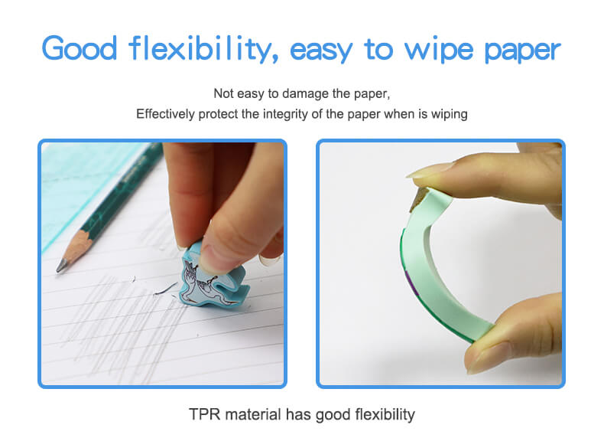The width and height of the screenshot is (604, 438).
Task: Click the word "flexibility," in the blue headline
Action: tap(203, 48)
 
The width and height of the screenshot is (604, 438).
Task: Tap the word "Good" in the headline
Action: tap(80, 48)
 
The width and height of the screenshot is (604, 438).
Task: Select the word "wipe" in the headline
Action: tap(439, 49)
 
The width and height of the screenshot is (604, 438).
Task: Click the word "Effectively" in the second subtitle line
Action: tap(165, 114)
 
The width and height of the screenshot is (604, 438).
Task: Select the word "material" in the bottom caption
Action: tap(253, 414)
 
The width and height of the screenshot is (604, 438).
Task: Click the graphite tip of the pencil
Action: tap(60, 266)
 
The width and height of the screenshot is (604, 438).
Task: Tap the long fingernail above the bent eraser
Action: tap(428, 170)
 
